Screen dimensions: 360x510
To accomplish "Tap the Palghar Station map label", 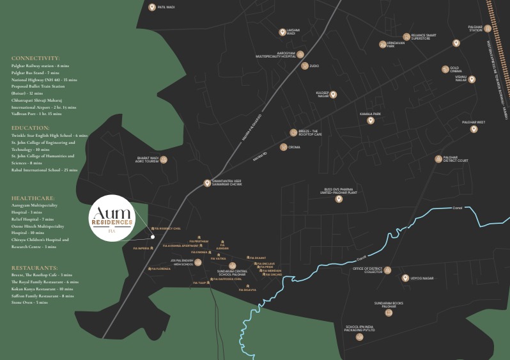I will coord(475,28).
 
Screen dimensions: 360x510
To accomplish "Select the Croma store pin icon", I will coord(283,147).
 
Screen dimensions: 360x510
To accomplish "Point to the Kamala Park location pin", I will coord(370,120).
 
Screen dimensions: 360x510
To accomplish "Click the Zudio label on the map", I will coord(314,66).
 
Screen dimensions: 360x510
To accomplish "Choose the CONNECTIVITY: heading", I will coord(36,58).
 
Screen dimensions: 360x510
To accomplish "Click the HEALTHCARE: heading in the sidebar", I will coord(33,198).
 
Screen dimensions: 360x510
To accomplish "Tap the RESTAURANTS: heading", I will coord(37,267).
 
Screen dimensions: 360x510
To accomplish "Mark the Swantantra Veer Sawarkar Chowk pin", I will coord(207,183).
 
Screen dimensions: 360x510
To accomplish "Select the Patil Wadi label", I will coord(166,8).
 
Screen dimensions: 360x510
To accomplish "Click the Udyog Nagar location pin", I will coord(405,278).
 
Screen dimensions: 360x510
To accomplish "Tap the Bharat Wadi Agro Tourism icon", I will coord(164,159).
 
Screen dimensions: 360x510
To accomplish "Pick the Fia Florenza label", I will coord(161,269).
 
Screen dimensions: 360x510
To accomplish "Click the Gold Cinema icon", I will coord(445,69).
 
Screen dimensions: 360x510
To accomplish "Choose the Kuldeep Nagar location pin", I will coord(333,95).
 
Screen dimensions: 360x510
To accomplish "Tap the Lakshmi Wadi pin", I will coord(282,32).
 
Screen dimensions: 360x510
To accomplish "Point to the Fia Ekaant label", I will coord(259,258).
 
